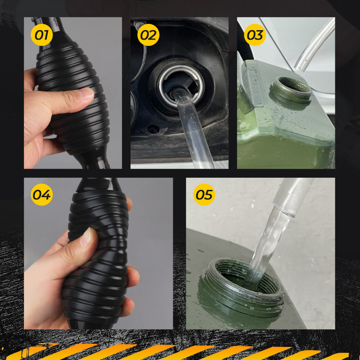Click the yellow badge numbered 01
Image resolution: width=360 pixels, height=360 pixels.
pos(41,35)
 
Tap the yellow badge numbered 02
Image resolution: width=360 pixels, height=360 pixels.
pos(148,35)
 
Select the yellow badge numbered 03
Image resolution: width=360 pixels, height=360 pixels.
pos(255,35)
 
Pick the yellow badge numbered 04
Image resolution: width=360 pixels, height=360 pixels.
pos(41,194)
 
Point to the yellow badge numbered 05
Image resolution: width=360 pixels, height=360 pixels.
pos(204,194)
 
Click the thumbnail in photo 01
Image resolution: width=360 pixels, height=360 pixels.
pos(85,93)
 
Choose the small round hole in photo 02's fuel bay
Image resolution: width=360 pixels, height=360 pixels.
pos(152,130)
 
